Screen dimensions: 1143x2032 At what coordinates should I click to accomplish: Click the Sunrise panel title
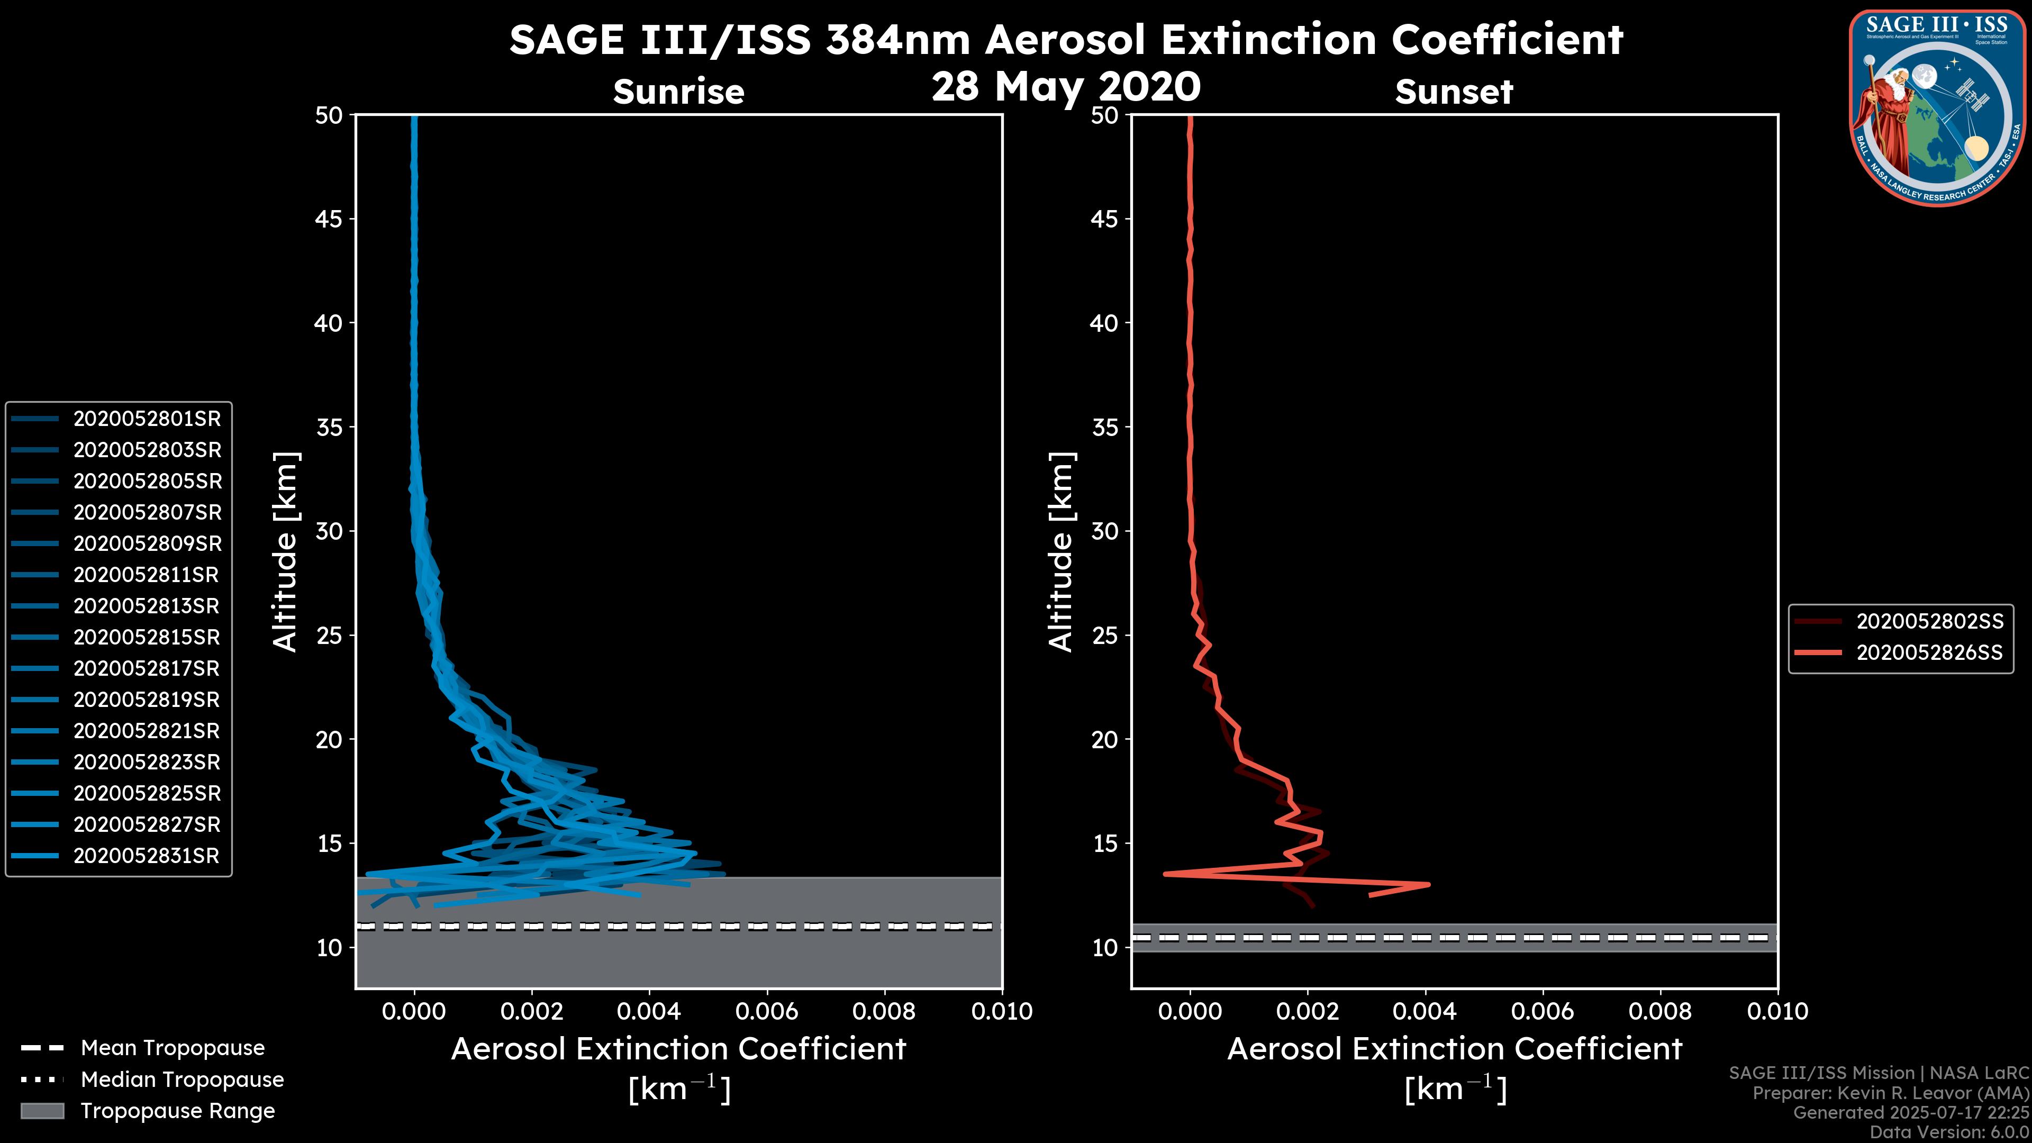[678, 92]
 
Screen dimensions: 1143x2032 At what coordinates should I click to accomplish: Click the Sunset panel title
[1454, 92]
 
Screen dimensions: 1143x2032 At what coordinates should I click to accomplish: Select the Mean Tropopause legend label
[173, 1048]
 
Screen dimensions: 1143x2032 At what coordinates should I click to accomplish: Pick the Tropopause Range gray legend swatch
[42, 1111]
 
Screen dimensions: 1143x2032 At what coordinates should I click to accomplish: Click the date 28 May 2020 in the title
[1066, 87]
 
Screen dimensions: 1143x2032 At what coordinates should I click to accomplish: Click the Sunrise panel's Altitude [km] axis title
[285, 551]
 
